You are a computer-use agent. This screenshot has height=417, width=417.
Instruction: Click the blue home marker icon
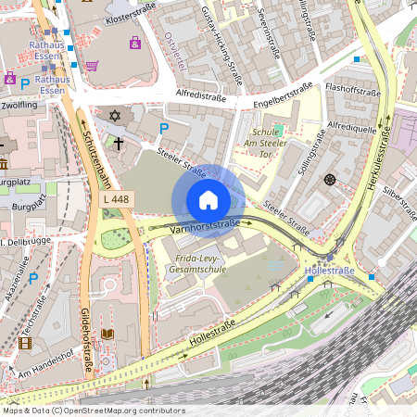click(x=208, y=199)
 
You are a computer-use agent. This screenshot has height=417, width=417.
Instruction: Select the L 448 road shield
click(x=116, y=198)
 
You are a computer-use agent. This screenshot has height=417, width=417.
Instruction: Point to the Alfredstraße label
click(x=201, y=94)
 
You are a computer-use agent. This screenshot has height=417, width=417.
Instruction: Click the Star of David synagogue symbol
click(x=116, y=116)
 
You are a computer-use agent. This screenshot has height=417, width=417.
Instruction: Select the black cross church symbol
click(x=120, y=143)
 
